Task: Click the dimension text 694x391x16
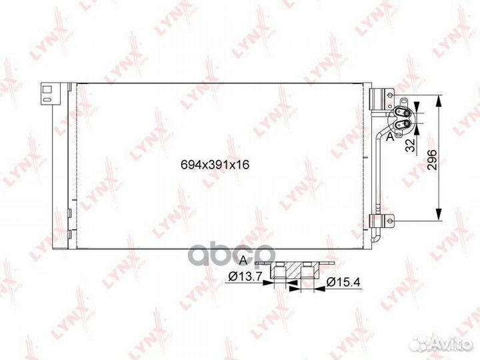pyautogui.click(x=215, y=165)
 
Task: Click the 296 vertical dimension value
pyautogui.click(x=431, y=160)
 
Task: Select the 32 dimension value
pyautogui.click(x=411, y=145)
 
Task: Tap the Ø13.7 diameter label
pyautogui.click(x=245, y=277)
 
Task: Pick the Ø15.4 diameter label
pyautogui.click(x=343, y=281)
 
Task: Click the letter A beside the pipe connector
pyautogui.click(x=390, y=137)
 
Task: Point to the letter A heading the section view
pyautogui.click(x=243, y=260)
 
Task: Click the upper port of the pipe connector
pyautogui.click(x=407, y=113)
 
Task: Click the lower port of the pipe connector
pyautogui.click(x=407, y=124)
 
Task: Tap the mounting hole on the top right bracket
pyautogui.click(x=390, y=95)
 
